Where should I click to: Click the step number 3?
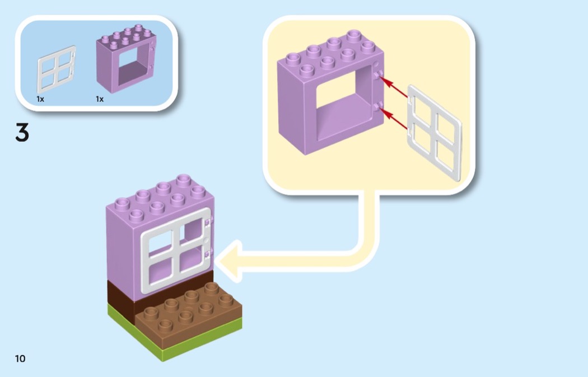pyautogui.click(x=22, y=133)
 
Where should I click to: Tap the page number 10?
pyautogui.click(x=20, y=359)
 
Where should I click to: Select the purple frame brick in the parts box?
pyautogui.click(x=125, y=62)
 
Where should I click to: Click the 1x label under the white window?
pyautogui.click(x=40, y=99)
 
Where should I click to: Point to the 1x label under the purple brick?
pyautogui.click(x=100, y=99)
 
